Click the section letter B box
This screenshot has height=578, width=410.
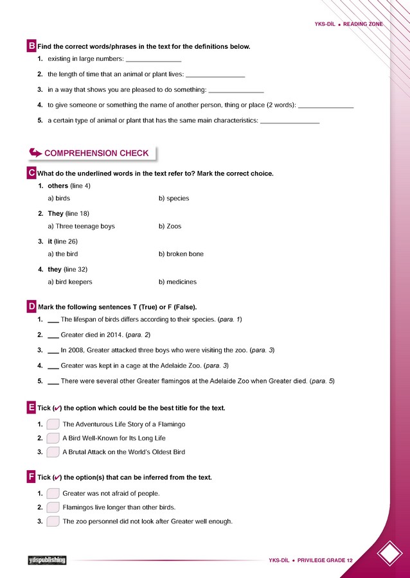[31, 46]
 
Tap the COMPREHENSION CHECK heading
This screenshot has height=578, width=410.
[96, 153]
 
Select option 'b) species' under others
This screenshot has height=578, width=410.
[174, 198]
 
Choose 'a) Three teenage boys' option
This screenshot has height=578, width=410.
[81, 226]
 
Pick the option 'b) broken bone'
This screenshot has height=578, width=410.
[181, 254]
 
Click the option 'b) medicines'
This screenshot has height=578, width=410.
[177, 282]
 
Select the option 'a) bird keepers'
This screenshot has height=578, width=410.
[70, 282]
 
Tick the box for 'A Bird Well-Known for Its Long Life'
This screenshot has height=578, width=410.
[53, 438]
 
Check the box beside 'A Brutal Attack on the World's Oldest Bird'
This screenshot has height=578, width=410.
[53, 452]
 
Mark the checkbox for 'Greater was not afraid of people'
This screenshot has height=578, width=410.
[53, 493]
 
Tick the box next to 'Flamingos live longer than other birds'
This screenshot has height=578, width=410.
[53, 507]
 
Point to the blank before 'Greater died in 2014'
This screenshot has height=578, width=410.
[53, 336]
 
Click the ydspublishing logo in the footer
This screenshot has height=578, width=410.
[47, 560]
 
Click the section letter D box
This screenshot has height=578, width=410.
[31, 306]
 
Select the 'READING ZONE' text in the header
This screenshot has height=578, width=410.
[363, 24]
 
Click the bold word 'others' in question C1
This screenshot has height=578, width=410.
[58, 186]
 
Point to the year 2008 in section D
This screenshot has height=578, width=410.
[75, 350]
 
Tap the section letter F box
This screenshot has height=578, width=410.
[31, 477]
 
